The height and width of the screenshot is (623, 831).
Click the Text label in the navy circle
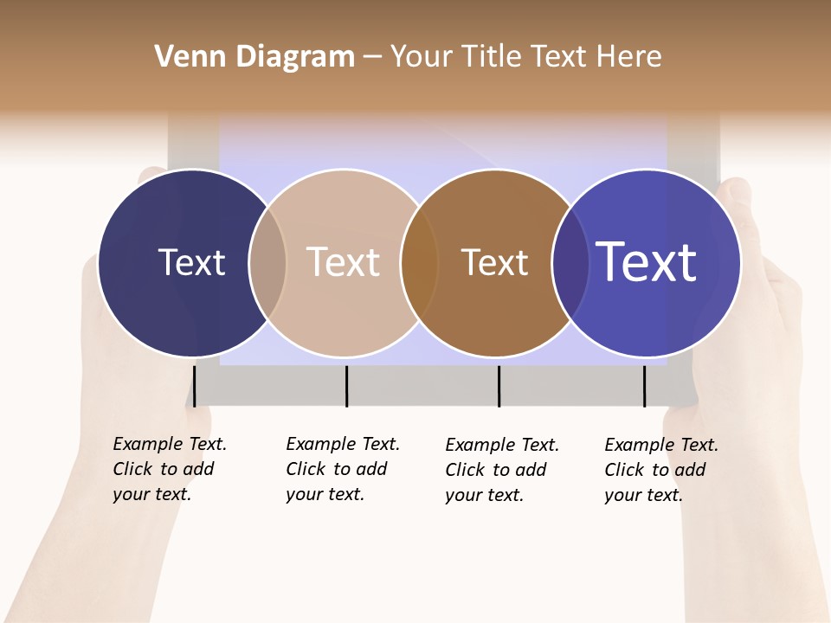pos(191,262)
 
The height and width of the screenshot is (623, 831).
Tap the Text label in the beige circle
pos(343,262)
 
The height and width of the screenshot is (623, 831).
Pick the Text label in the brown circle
pos(494,262)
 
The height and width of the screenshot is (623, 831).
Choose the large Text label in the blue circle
pos(647,262)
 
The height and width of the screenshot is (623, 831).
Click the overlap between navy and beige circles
pos(267,263)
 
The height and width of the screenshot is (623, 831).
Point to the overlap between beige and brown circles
pos(419,263)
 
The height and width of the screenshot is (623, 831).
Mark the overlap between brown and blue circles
pos(570,263)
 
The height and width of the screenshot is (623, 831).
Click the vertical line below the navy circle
pos(194,385)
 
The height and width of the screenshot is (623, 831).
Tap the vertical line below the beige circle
pos(346,385)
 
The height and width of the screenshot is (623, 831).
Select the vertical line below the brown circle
pos(499,385)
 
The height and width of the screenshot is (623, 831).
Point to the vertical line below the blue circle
pos(644,385)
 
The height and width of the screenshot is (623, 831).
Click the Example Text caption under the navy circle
pos(169,469)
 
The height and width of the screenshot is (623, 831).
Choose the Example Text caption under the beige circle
pos(342,469)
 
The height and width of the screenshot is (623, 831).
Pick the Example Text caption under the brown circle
pos(501,470)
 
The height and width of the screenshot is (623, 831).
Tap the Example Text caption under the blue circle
pos(660,470)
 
